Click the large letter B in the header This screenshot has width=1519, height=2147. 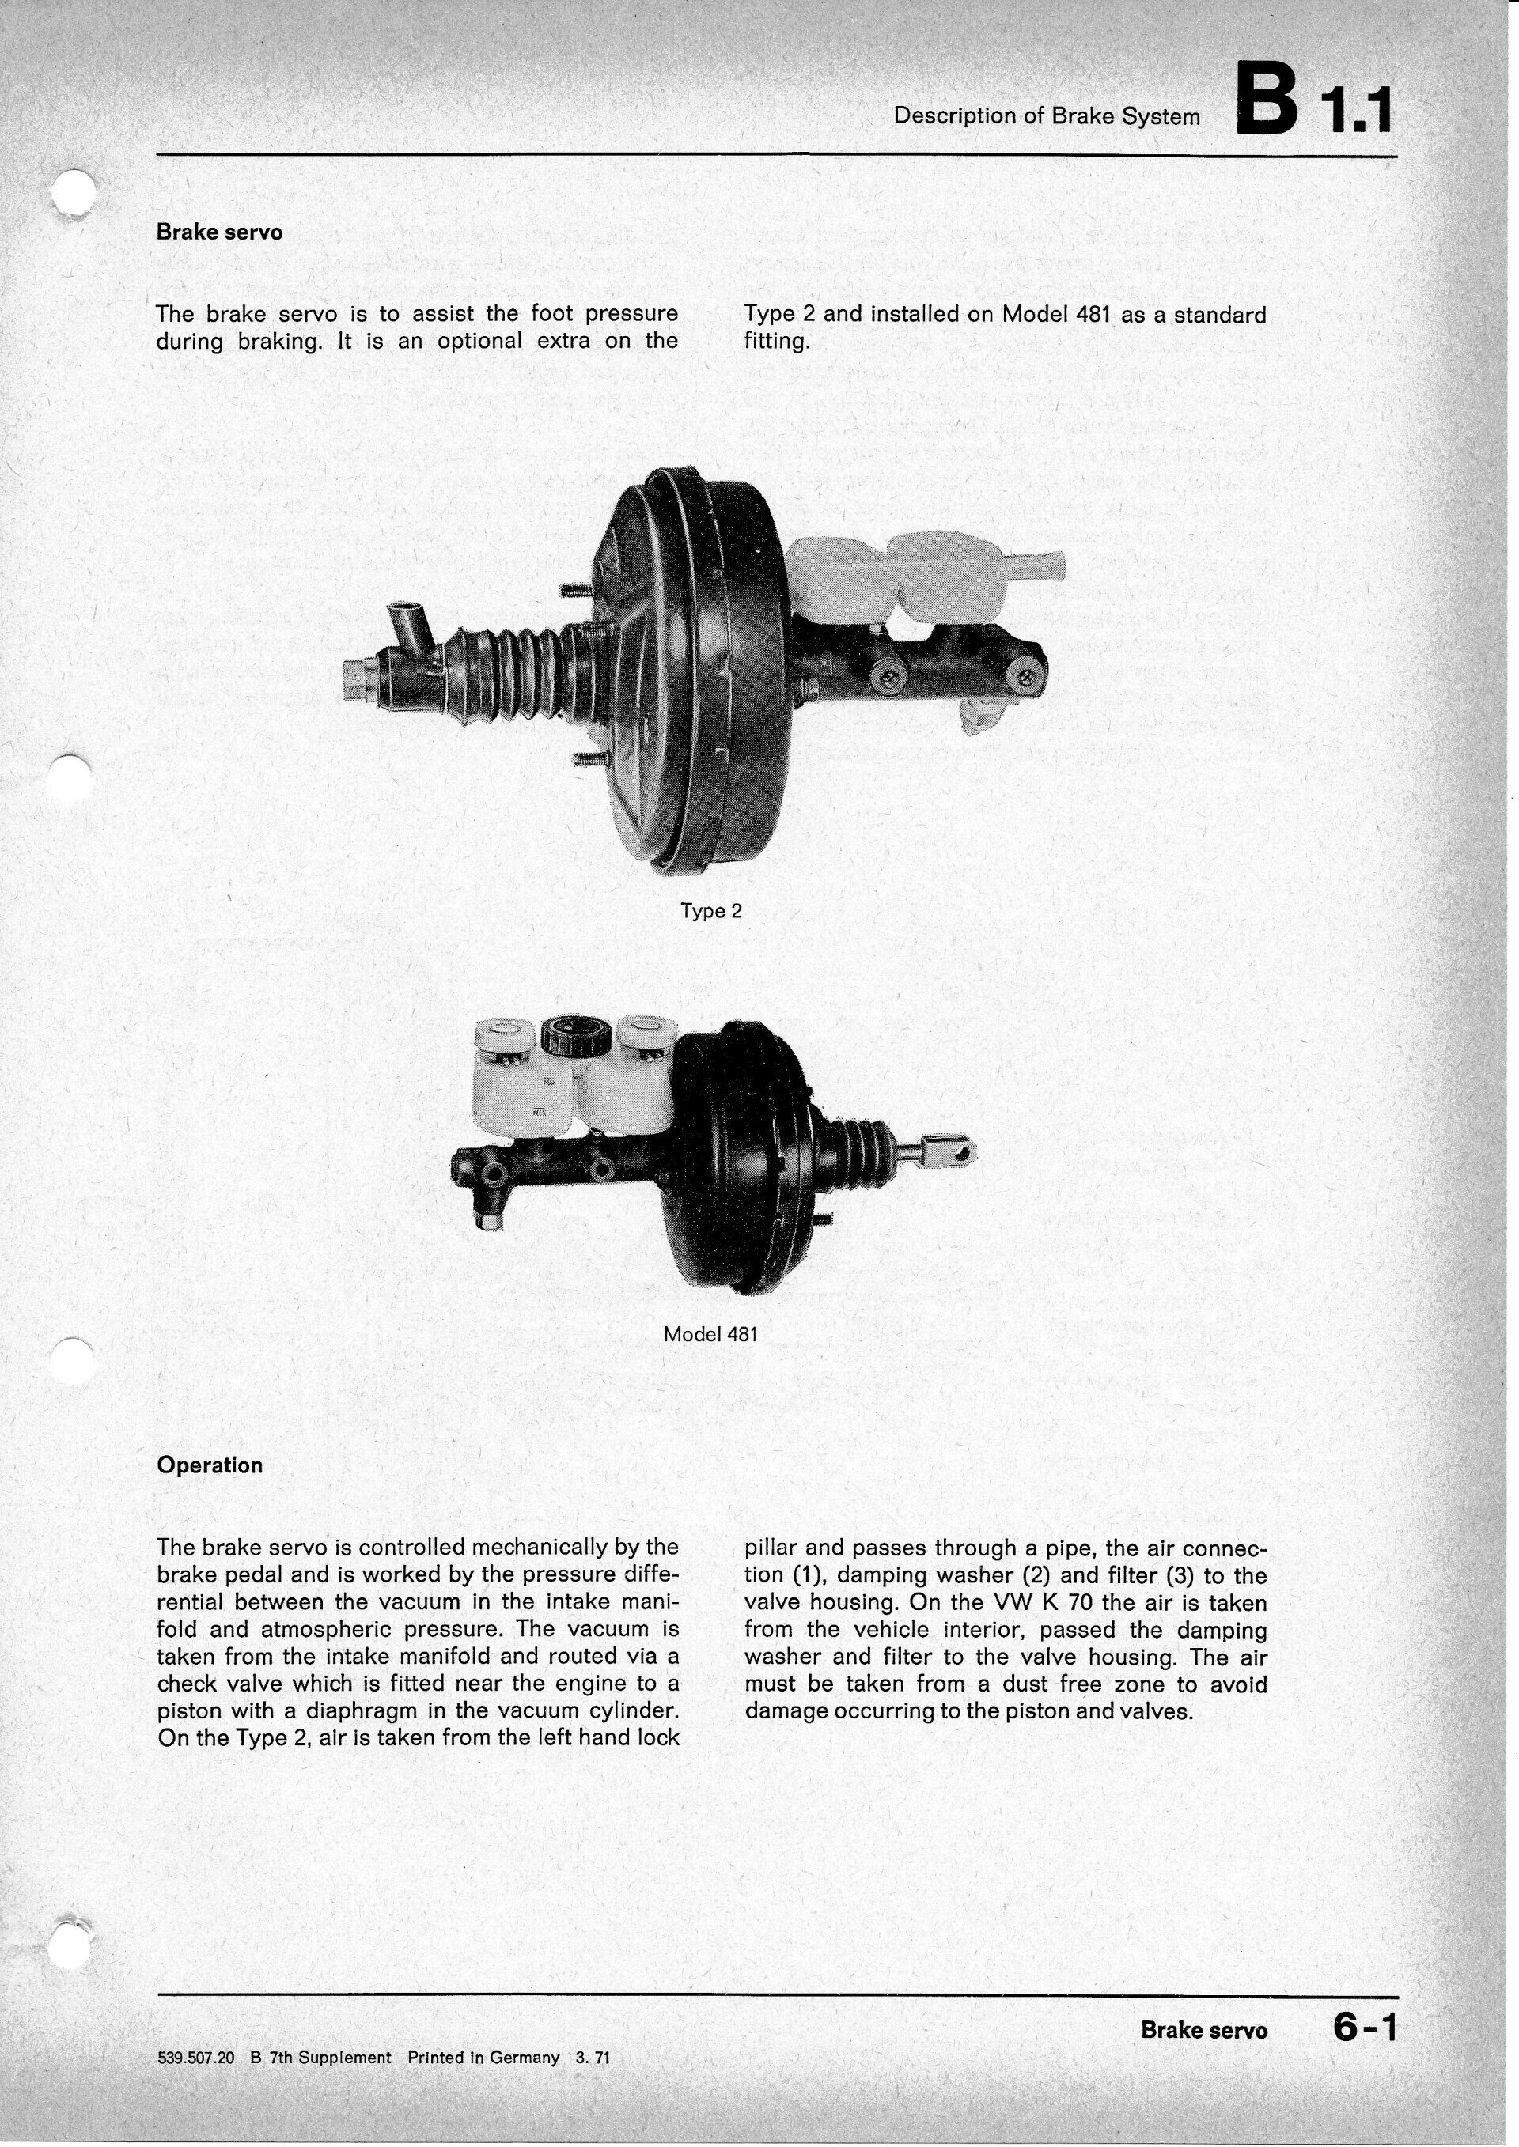[1267, 98]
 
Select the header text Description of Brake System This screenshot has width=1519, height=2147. [1046, 116]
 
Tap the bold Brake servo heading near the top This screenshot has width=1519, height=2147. [219, 232]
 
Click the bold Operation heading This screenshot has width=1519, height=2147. [210, 1465]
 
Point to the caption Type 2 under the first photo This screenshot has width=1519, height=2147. [711, 911]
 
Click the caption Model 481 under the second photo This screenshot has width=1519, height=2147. [710, 1334]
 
